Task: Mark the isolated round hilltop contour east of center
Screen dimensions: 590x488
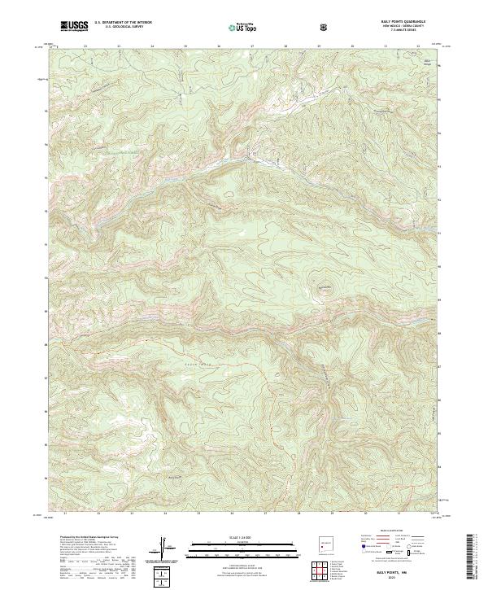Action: (x=325, y=287)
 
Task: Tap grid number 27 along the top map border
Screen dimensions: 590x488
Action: (x=252, y=47)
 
